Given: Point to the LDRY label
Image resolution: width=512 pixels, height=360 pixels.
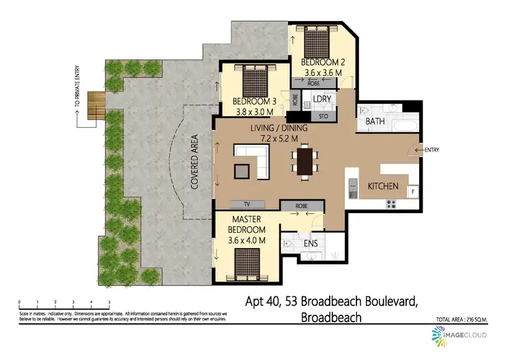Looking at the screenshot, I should pyautogui.click(x=322, y=99).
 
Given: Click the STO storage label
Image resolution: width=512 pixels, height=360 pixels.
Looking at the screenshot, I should pyautogui.click(x=324, y=116).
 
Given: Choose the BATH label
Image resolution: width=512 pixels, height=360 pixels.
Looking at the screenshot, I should pyautogui.click(x=375, y=121).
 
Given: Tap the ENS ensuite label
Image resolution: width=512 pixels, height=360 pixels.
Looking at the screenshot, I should pyautogui.click(x=311, y=243).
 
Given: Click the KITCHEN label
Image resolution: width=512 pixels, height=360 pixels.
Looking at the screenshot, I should pyautogui.click(x=383, y=186).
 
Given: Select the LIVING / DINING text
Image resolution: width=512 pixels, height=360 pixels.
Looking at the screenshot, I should pyautogui.click(x=279, y=128).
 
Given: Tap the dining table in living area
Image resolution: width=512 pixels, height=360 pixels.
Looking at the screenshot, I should pyautogui.click(x=304, y=160).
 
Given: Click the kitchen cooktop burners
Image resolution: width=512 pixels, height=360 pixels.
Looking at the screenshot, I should pyautogui.click(x=393, y=203).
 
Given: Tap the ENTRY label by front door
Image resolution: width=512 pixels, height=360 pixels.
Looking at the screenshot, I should pyautogui.click(x=432, y=150).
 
